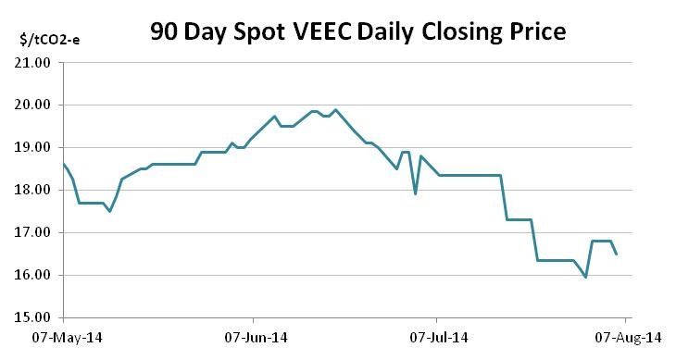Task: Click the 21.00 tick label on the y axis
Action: (33, 63)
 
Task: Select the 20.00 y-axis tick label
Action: (33, 106)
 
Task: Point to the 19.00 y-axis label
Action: (33, 148)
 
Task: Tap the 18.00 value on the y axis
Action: (33, 191)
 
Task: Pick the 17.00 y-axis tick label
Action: (33, 233)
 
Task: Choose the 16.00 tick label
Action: (33, 276)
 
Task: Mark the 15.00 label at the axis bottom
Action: (33, 318)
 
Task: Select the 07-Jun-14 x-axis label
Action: (252, 337)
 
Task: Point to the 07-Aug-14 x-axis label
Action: (626, 337)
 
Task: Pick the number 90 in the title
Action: (167, 31)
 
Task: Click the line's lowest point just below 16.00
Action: (585, 277)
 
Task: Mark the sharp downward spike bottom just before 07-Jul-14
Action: (415, 193)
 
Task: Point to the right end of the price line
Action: (617, 254)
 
